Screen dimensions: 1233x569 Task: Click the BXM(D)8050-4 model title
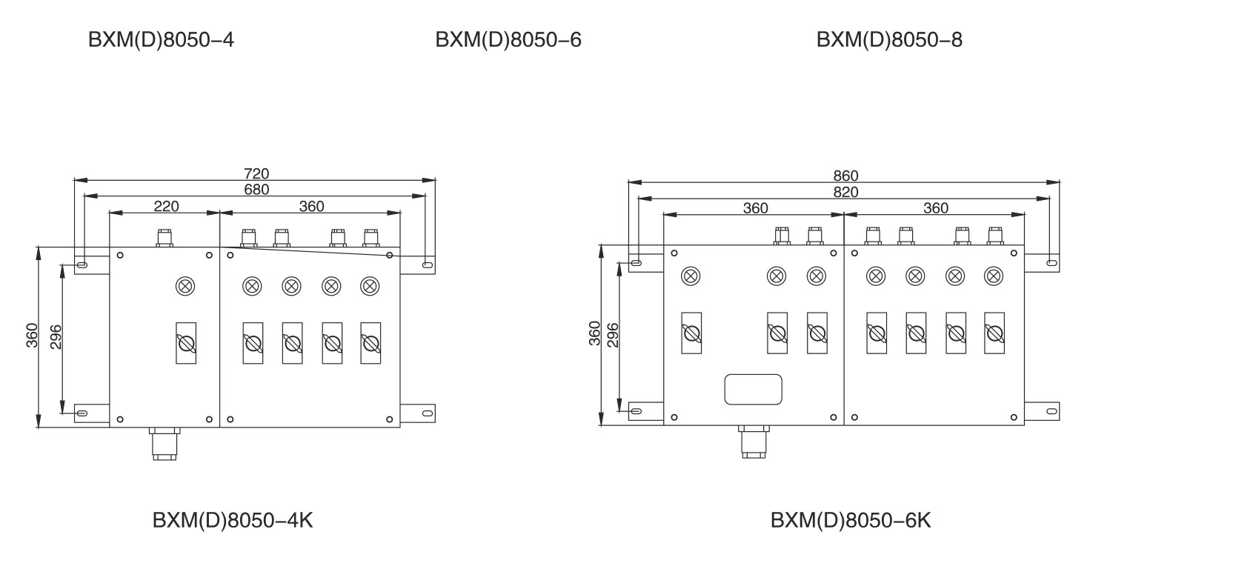pos(162,40)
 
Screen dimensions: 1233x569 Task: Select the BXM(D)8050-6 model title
pos(508,40)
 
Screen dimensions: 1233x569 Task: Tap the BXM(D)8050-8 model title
pos(889,40)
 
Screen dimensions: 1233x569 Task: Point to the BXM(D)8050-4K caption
pos(233,521)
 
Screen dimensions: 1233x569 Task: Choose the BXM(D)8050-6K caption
pos(851,521)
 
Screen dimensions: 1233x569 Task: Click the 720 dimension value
pos(256,173)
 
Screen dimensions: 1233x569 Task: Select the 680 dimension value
pos(256,190)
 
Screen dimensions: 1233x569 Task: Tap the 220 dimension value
pos(166,207)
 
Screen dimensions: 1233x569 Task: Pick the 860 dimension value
pos(845,176)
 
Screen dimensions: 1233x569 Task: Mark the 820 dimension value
pos(845,192)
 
